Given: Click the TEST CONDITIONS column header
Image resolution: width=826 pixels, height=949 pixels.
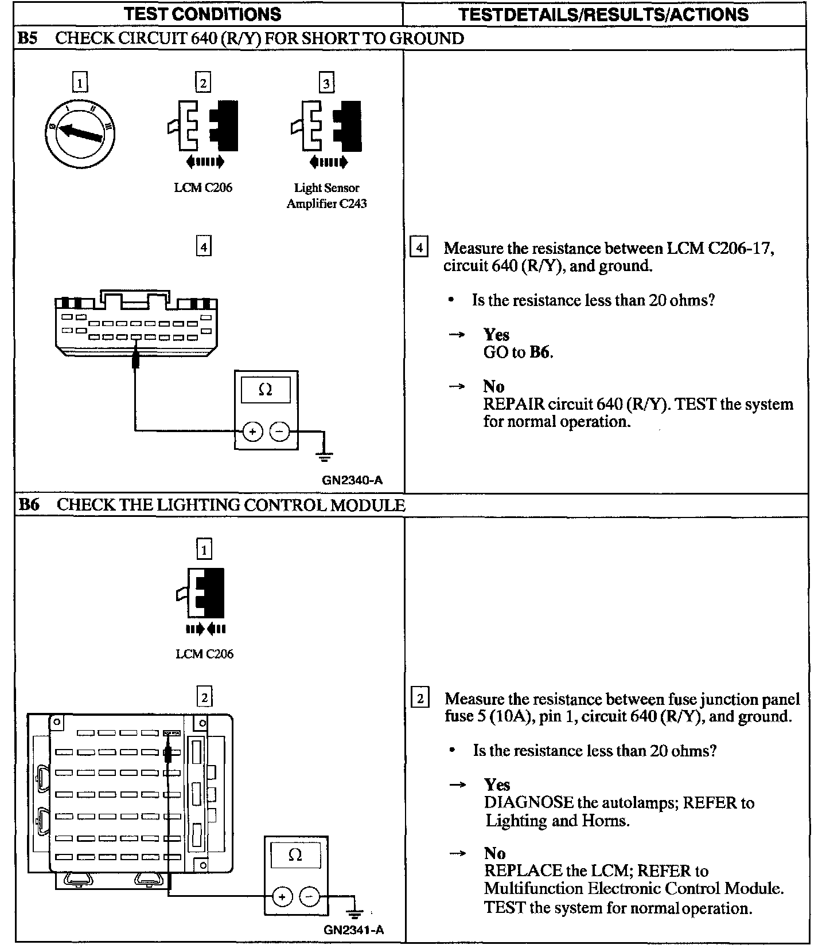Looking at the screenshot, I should [x=202, y=14].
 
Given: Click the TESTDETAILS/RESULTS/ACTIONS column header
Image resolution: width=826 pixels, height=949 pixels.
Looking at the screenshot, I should [x=604, y=14].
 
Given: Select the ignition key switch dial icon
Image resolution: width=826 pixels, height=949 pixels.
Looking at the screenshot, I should [x=80, y=133].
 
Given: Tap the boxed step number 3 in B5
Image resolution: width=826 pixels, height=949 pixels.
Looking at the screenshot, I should [x=326, y=84].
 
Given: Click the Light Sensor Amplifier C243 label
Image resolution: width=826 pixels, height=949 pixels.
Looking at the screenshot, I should [x=326, y=195].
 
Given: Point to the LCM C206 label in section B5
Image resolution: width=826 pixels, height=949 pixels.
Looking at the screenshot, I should [x=203, y=187].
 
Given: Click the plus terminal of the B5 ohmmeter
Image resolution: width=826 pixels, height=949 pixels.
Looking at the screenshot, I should [x=252, y=432].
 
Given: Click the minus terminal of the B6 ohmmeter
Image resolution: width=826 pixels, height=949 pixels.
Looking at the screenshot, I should [x=310, y=896].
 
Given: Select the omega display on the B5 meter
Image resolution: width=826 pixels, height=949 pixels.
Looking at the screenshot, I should [x=266, y=390].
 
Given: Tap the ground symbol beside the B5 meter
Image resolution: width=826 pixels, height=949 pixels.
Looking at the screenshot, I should [x=325, y=456].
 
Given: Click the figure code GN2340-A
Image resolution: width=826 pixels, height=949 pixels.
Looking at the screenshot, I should [x=352, y=480].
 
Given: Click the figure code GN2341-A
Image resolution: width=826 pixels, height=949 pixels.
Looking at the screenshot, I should [x=353, y=930].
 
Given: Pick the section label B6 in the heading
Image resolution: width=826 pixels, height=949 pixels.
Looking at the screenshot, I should [x=29, y=505].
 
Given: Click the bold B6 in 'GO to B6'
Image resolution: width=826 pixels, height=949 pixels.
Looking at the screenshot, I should [x=540, y=352].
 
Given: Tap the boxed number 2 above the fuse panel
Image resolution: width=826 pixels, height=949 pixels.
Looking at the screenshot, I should [x=204, y=697].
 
